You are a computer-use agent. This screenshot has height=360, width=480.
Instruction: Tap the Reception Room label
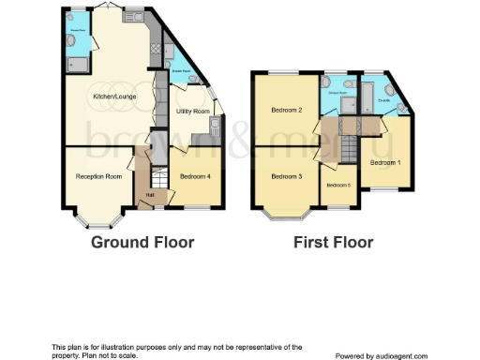click(98, 176)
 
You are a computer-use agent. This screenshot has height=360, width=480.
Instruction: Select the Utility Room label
click(193, 111)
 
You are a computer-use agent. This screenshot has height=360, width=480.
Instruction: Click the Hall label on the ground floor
click(149, 194)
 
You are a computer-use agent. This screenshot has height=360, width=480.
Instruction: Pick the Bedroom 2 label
click(286, 111)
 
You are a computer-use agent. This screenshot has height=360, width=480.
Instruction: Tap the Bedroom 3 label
click(286, 176)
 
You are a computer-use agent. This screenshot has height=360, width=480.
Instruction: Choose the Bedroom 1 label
click(383, 162)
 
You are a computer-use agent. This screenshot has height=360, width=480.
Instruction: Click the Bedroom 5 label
click(337, 185)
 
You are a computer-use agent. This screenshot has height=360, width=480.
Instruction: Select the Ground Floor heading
click(142, 243)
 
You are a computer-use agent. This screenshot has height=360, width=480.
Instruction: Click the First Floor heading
click(333, 243)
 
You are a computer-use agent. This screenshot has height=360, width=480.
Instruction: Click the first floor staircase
click(349, 147)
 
